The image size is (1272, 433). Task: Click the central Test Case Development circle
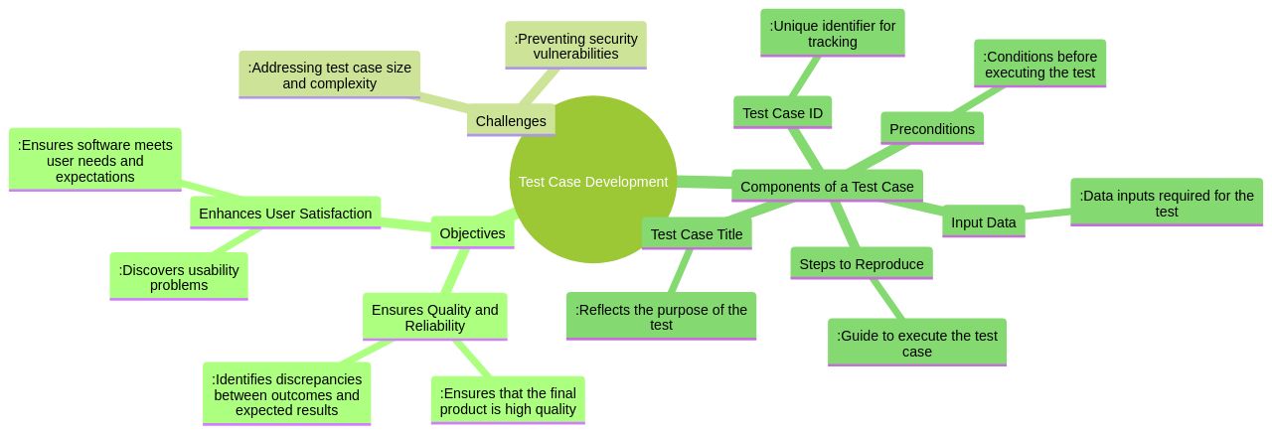(593, 181)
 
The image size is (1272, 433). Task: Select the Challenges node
(511, 120)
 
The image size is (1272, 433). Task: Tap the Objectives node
(472, 233)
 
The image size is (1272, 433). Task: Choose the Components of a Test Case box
(827, 187)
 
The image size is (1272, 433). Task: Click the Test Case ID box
(782, 113)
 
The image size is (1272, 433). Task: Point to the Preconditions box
(931, 129)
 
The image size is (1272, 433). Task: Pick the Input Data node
(983, 222)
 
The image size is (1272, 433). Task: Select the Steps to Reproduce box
(862, 264)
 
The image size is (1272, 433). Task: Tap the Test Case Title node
(696, 234)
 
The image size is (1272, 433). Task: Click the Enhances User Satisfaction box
(285, 214)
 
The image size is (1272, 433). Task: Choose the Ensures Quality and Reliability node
(434, 317)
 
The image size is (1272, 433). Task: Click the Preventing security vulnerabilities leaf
(575, 46)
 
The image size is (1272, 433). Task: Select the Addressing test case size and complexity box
(329, 75)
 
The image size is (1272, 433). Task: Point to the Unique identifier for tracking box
(832, 34)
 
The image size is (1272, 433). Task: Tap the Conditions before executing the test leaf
(1039, 64)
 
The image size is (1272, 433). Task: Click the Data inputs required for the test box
(1166, 203)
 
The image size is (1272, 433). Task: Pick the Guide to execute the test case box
(916, 343)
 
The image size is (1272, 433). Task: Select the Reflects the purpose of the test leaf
(661, 317)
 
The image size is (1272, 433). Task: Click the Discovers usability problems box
(179, 277)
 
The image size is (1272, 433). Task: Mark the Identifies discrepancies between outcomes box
(286, 394)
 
